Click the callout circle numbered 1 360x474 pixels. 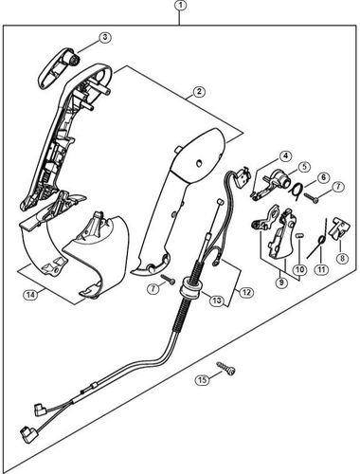pos(180,7)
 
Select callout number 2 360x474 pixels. pos(200,92)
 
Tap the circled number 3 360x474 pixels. pos(105,38)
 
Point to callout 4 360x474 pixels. pos(284,155)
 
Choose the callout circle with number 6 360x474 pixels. pos(322,177)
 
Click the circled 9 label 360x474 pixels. pos(280,281)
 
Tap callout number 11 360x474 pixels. pos(321,269)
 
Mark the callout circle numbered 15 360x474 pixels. pos(202,381)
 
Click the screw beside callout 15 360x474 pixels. pos(228,374)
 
